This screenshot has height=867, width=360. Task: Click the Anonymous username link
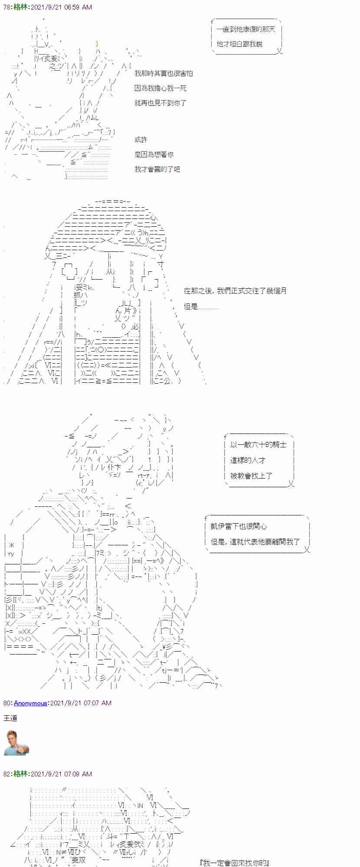(x=30, y=703)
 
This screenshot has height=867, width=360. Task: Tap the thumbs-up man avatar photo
(x=16, y=743)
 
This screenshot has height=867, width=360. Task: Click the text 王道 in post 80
(x=10, y=718)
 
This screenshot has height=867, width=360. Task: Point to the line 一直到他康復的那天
(x=245, y=29)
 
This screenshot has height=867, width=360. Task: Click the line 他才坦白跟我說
(x=239, y=44)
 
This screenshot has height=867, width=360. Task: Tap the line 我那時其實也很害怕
(x=164, y=73)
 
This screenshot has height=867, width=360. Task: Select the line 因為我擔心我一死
(x=160, y=88)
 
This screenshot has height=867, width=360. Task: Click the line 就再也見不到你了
(x=160, y=103)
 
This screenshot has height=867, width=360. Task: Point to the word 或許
(x=141, y=140)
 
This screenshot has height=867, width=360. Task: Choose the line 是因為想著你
(x=154, y=154)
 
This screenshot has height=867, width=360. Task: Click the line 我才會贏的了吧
(x=157, y=169)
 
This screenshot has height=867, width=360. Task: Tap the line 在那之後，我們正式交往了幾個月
(x=235, y=291)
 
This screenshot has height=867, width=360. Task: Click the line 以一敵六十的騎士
(x=258, y=445)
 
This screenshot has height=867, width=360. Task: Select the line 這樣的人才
(x=248, y=460)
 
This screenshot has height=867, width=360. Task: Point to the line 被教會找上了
(x=252, y=476)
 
